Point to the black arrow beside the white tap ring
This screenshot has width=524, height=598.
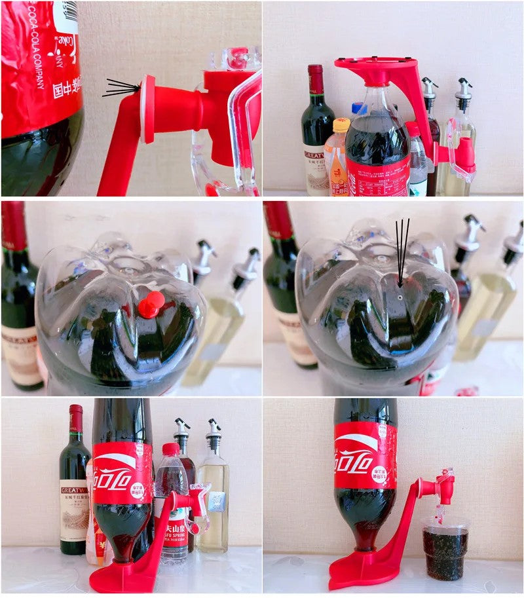(x=122, y=88)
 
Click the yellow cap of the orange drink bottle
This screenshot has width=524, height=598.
(x=341, y=125)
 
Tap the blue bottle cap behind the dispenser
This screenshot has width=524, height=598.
(x=358, y=108)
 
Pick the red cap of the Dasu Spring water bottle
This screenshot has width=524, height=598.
(x=171, y=449)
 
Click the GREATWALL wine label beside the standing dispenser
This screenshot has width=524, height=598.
(x=74, y=508)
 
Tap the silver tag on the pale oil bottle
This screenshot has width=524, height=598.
(x=216, y=500)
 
